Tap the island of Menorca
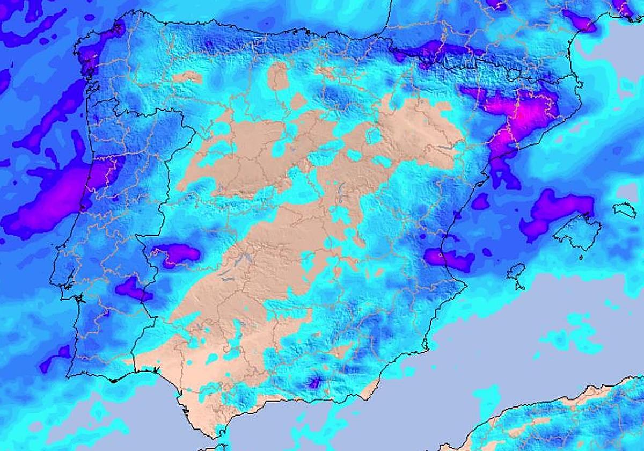[x=624, y=209]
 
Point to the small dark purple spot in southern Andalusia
[x=314, y=382]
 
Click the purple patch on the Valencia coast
[x=450, y=259]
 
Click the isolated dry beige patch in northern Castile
[x=277, y=75]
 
